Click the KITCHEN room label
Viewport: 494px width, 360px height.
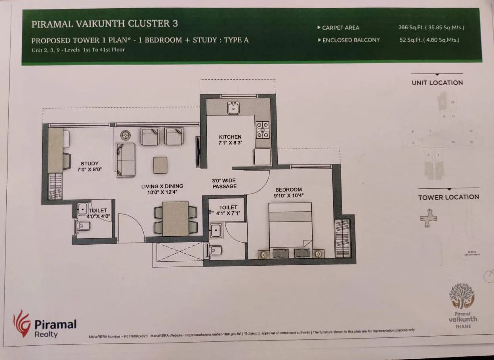click(x=230, y=137)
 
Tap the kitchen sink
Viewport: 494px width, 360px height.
click(x=233, y=107)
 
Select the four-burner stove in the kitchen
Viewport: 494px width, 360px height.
click(x=263, y=130)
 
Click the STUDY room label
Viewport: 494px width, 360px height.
click(x=90, y=163)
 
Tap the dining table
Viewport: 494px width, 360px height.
click(x=175, y=219)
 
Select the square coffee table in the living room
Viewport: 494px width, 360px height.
click(x=160, y=165)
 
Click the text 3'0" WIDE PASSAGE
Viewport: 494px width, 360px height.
click(x=224, y=183)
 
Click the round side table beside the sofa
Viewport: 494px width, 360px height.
click(x=126, y=136)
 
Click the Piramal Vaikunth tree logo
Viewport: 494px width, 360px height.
click(x=462, y=295)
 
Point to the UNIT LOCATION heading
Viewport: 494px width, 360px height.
click(x=437, y=83)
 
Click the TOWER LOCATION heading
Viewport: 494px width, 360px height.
click(x=448, y=197)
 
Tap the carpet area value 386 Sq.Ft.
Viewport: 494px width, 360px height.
click(x=431, y=28)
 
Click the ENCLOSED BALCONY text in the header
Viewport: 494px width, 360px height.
click(x=351, y=40)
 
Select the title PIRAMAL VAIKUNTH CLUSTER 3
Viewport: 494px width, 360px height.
click(x=105, y=24)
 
